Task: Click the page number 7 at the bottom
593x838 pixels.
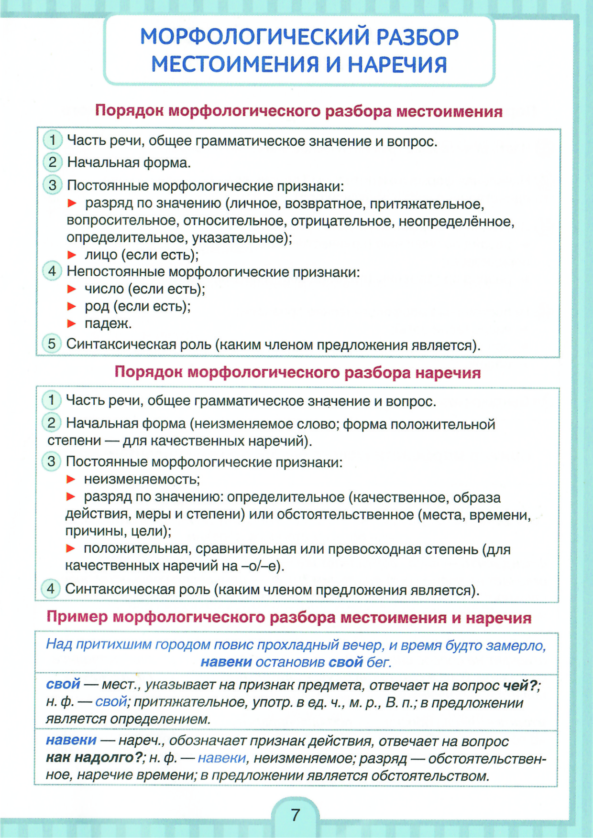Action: click(296, 814)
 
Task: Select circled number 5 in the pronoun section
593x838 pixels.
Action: click(52, 344)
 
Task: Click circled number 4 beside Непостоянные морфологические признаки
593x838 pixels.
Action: click(52, 271)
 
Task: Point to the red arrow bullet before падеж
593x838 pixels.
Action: click(72, 323)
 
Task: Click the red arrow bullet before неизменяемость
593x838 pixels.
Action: click(71, 479)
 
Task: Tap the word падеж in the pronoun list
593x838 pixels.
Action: click(108, 323)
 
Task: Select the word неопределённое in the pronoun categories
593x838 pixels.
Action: click(456, 222)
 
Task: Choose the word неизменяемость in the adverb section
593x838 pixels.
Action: click(142, 479)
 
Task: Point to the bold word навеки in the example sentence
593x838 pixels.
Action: click(226, 662)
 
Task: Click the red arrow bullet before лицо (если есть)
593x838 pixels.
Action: click(72, 255)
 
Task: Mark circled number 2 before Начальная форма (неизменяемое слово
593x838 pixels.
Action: click(51, 422)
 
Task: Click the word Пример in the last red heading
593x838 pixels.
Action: click(77, 617)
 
